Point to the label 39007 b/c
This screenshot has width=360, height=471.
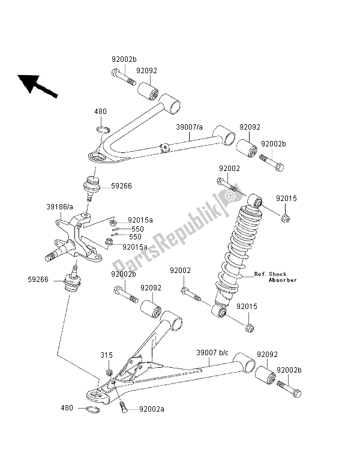pos(213,354)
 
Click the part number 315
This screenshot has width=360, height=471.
pos(106,355)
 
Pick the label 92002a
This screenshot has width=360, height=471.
pos(151,410)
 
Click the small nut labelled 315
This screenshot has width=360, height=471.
pos(110,373)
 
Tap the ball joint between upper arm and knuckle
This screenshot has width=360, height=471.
pos(91,188)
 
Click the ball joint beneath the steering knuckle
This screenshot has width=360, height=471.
pos(73,280)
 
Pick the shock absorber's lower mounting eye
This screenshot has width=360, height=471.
pos(221,312)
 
